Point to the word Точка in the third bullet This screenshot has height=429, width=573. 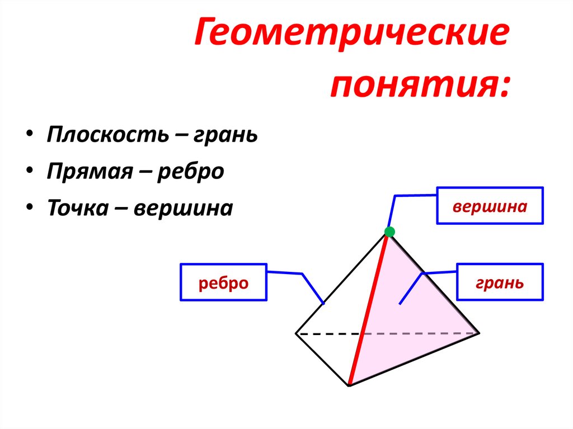pos(81,208)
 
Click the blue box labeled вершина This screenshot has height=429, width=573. pos(490,206)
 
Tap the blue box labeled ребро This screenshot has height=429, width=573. pos(223,282)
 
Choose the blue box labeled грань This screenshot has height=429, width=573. pos(500,282)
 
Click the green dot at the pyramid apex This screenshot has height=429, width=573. pos(389,232)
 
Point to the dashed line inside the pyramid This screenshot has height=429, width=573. pos(327,334)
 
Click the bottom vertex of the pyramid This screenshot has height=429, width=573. pos(349,385)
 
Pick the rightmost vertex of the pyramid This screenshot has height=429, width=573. pos(479,333)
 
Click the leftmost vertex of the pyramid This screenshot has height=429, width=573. pos(296,334)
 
